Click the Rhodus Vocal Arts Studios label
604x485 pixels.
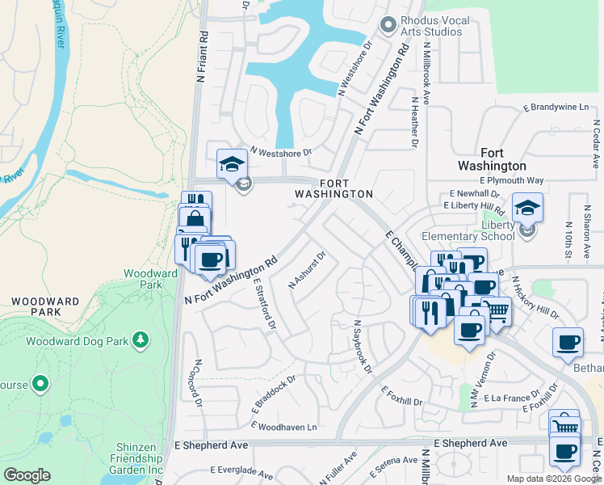coord(432,26)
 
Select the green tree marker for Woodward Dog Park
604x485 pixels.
coord(141,340)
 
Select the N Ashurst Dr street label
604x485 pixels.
coord(307,270)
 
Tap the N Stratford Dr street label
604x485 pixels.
coord(263,306)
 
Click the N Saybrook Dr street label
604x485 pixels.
coord(361,347)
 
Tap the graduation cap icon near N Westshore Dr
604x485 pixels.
coord(232,163)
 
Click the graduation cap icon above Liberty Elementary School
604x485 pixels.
coord(527,208)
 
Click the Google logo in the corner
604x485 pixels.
coord(27,475)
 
